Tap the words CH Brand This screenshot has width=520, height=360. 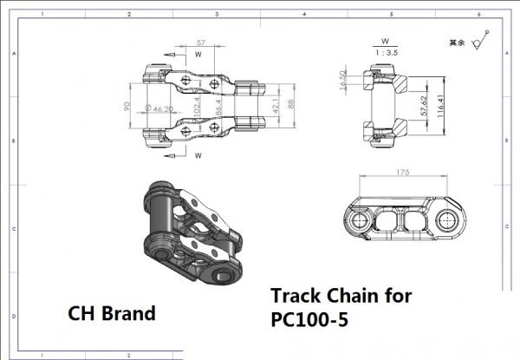112,312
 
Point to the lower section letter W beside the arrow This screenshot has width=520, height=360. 198,156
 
